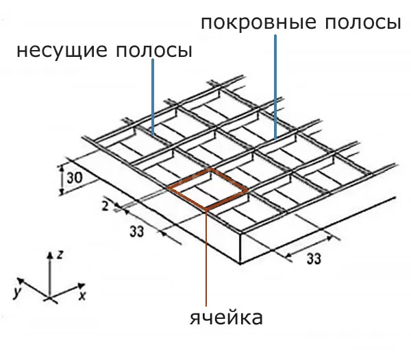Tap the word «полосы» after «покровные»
point(363,23)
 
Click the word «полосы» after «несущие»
point(154,51)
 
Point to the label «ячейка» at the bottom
point(226,317)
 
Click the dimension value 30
point(75,178)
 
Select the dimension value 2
point(105,206)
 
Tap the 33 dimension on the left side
point(137,232)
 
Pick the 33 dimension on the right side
point(314,259)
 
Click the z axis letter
point(60,254)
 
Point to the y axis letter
point(17,292)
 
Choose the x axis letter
point(82,296)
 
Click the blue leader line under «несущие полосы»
point(153,97)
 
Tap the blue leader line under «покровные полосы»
point(275,87)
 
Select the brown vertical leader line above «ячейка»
point(206,258)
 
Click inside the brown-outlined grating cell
point(207,189)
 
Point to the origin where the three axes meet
point(49,298)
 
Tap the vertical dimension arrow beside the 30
point(62,180)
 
